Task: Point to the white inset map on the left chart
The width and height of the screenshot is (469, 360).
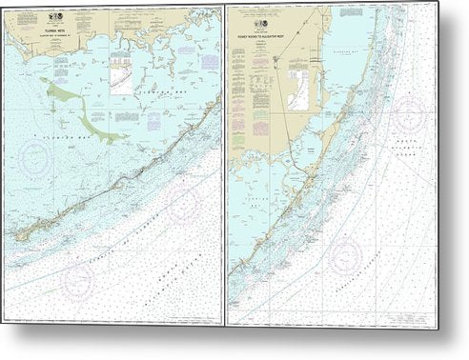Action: [x=122, y=78]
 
